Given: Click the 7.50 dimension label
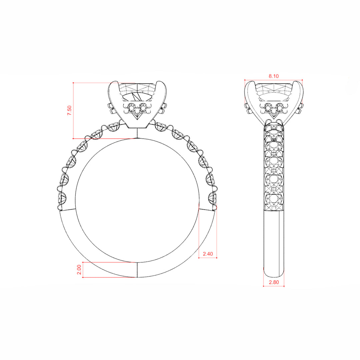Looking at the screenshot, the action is pyautogui.click(x=69, y=110).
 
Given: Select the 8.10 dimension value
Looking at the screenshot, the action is pyautogui.click(x=274, y=76).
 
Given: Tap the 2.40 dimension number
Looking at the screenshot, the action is pyautogui.click(x=208, y=254).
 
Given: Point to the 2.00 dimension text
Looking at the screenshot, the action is pyautogui.click(x=79, y=270).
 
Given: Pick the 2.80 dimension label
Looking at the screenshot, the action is pyautogui.click(x=274, y=282).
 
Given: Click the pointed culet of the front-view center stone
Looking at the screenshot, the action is pyautogui.click(x=137, y=119).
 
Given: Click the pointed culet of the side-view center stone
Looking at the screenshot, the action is pyautogui.click(x=274, y=118).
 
